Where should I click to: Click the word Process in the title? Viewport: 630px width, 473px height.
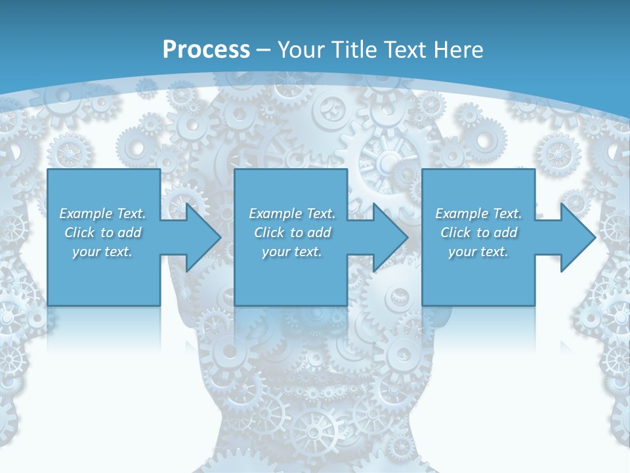pos(206,50)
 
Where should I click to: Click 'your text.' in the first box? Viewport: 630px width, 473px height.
pos(102,252)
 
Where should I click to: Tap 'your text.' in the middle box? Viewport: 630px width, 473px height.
pos(291,252)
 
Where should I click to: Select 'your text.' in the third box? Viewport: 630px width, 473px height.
pos(478,252)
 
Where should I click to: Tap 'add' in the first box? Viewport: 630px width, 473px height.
pos(130,233)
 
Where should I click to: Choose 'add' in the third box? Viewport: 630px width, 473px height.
pos(506,233)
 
